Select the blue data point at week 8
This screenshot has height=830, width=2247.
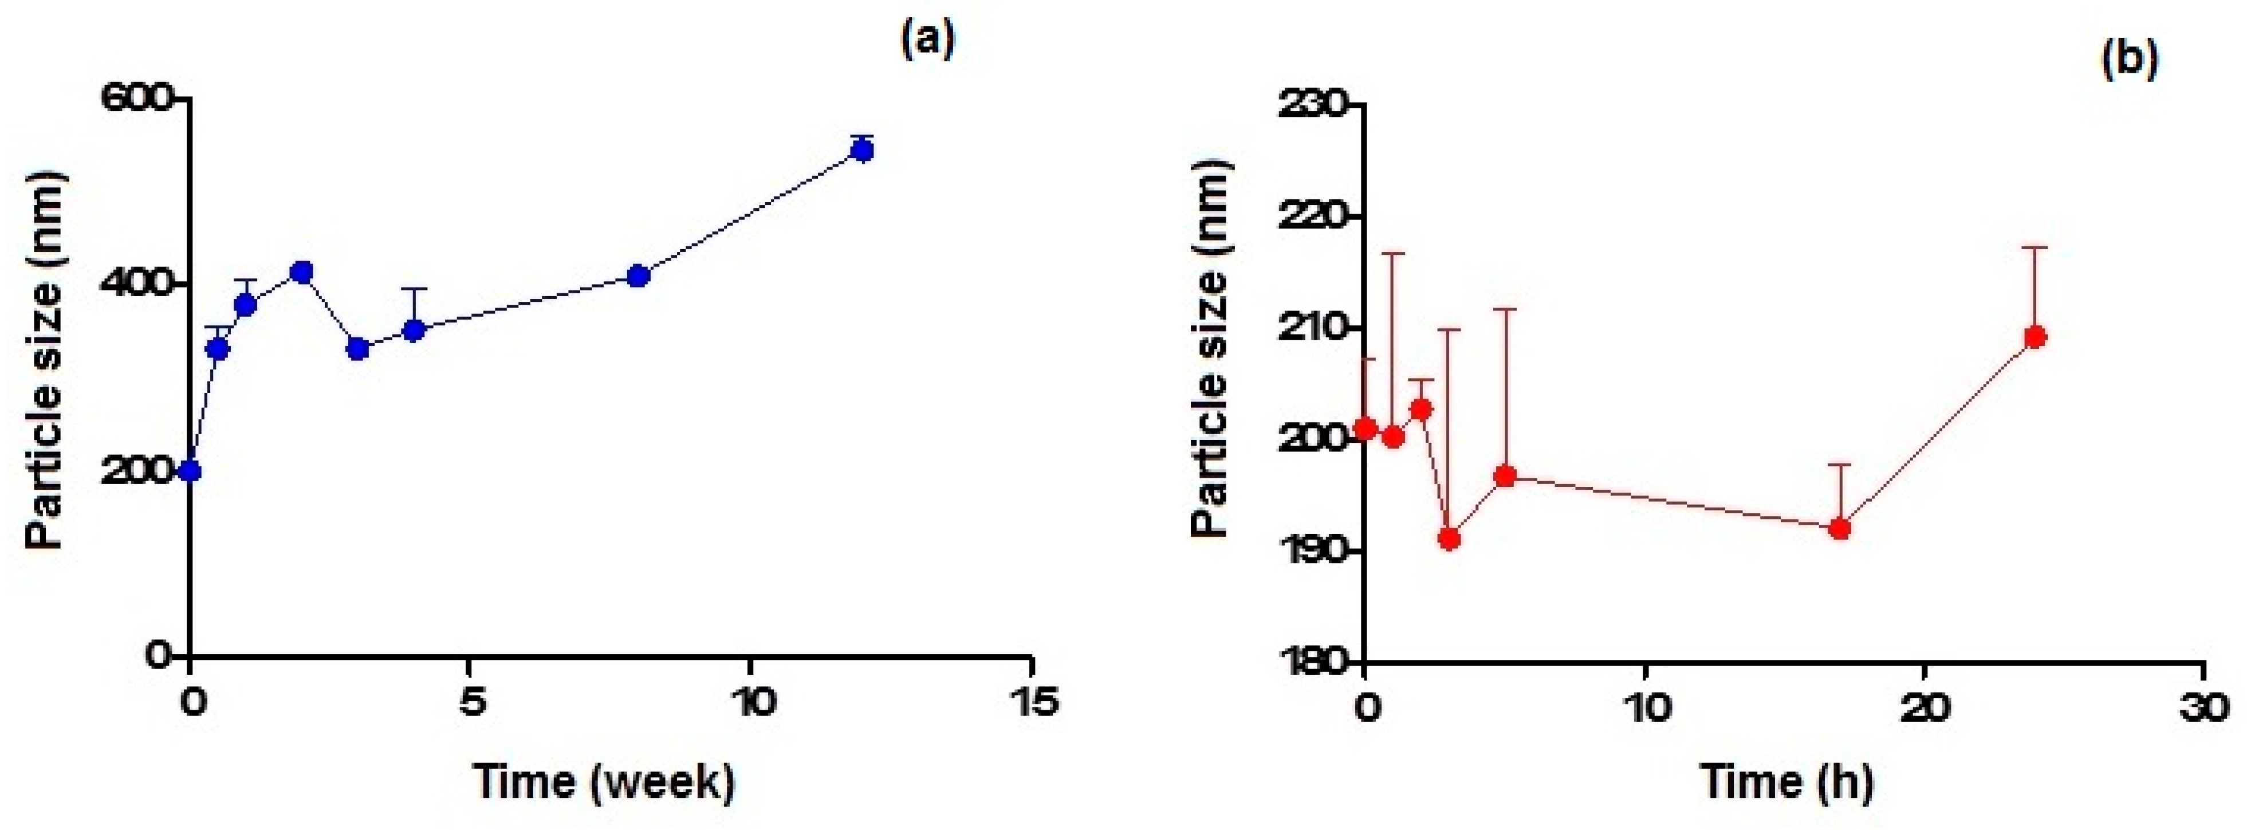pos(639,276)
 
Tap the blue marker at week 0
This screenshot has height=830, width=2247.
pos(190,471)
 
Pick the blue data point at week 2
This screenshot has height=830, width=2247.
pos(302,272)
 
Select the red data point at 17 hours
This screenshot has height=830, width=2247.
pos(1840,528)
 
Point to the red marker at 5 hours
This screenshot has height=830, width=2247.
pos(1505,475)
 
